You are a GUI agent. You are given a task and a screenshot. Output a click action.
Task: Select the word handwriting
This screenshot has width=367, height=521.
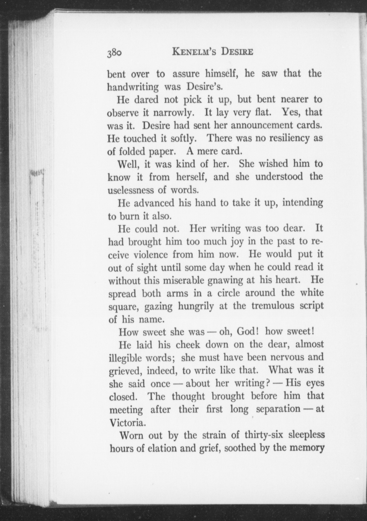(133, 87)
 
